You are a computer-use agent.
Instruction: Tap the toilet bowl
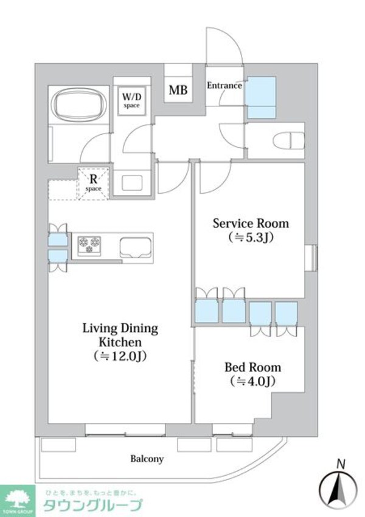[288, 141]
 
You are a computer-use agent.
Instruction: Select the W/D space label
[131, 100]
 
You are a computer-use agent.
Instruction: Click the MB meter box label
[178, 90]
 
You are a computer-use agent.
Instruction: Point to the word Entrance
[224, 86]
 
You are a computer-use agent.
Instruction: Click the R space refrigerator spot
[94, 183]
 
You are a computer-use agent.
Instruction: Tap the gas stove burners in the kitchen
[89, 245]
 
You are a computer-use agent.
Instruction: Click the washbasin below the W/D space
[132, 183]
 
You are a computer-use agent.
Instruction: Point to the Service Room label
[251, 224]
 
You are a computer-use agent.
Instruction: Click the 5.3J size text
[251, 238]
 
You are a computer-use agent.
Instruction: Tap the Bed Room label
[253, 368]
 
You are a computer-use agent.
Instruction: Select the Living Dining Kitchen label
[120, 335]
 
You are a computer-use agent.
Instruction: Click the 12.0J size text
[120, 356]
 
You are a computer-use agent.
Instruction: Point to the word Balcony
[147, 459]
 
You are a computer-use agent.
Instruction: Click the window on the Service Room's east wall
[311, 258]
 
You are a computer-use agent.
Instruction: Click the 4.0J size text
[253, 381]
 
